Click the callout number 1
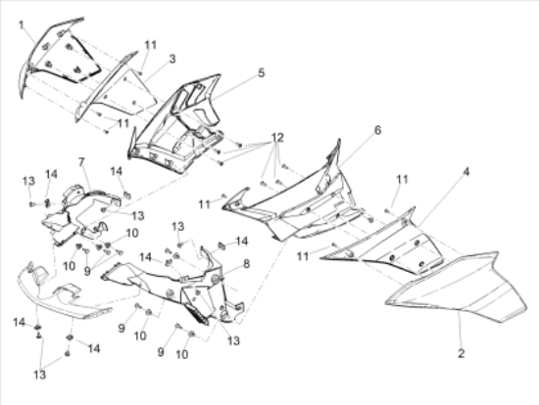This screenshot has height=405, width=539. tap(22, 25)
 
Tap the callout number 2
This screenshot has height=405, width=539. tap(462, 353)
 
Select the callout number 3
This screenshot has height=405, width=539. tap(172, 59)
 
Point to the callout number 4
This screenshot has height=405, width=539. tap(465, 171)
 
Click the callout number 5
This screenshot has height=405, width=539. tap(262, 72)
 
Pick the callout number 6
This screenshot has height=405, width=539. tap(377, 130)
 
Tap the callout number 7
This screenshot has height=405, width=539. tap(81, 161)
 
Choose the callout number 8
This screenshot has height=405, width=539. tap(246, 264)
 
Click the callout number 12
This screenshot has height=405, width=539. tap(277, 138)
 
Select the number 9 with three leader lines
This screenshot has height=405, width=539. tap(87, 271)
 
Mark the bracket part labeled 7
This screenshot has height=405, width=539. tap(79, 213)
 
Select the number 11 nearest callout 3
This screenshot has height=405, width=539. tap(150, 45)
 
